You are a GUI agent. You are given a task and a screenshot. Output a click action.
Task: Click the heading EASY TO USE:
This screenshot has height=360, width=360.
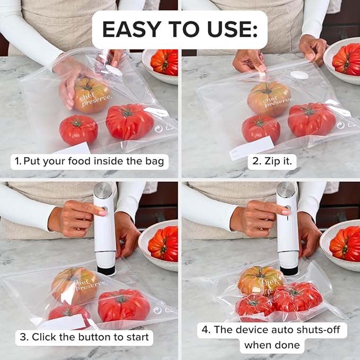coord(179,30)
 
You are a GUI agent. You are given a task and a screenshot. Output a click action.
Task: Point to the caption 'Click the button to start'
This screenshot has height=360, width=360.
coord(84,337)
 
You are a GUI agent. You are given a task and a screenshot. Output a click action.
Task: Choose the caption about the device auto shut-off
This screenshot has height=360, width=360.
coord(273,338)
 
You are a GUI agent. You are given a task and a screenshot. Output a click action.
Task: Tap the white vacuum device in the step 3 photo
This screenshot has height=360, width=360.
coord(104,233)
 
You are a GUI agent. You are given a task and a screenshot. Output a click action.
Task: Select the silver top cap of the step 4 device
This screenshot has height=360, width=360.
coord(286,189)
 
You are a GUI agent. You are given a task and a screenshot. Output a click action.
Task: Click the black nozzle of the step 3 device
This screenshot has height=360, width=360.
coord(106,270)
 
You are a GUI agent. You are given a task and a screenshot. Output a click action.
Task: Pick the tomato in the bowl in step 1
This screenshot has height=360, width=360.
coord(165,62)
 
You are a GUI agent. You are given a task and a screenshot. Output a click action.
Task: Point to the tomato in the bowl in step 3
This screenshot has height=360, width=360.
coord(163,243)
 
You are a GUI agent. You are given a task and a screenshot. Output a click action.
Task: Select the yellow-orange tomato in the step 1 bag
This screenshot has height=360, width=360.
coord(92,95)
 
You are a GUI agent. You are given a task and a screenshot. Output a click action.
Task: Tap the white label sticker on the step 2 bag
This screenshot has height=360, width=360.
coord(252,147)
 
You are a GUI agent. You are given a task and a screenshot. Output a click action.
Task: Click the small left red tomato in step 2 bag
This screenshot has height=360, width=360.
coord(261,128)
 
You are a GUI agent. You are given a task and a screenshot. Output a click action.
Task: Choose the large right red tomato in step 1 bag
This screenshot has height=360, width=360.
coord(129,121)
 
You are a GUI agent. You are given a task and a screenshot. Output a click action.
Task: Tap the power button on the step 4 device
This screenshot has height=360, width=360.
coord(288,208)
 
